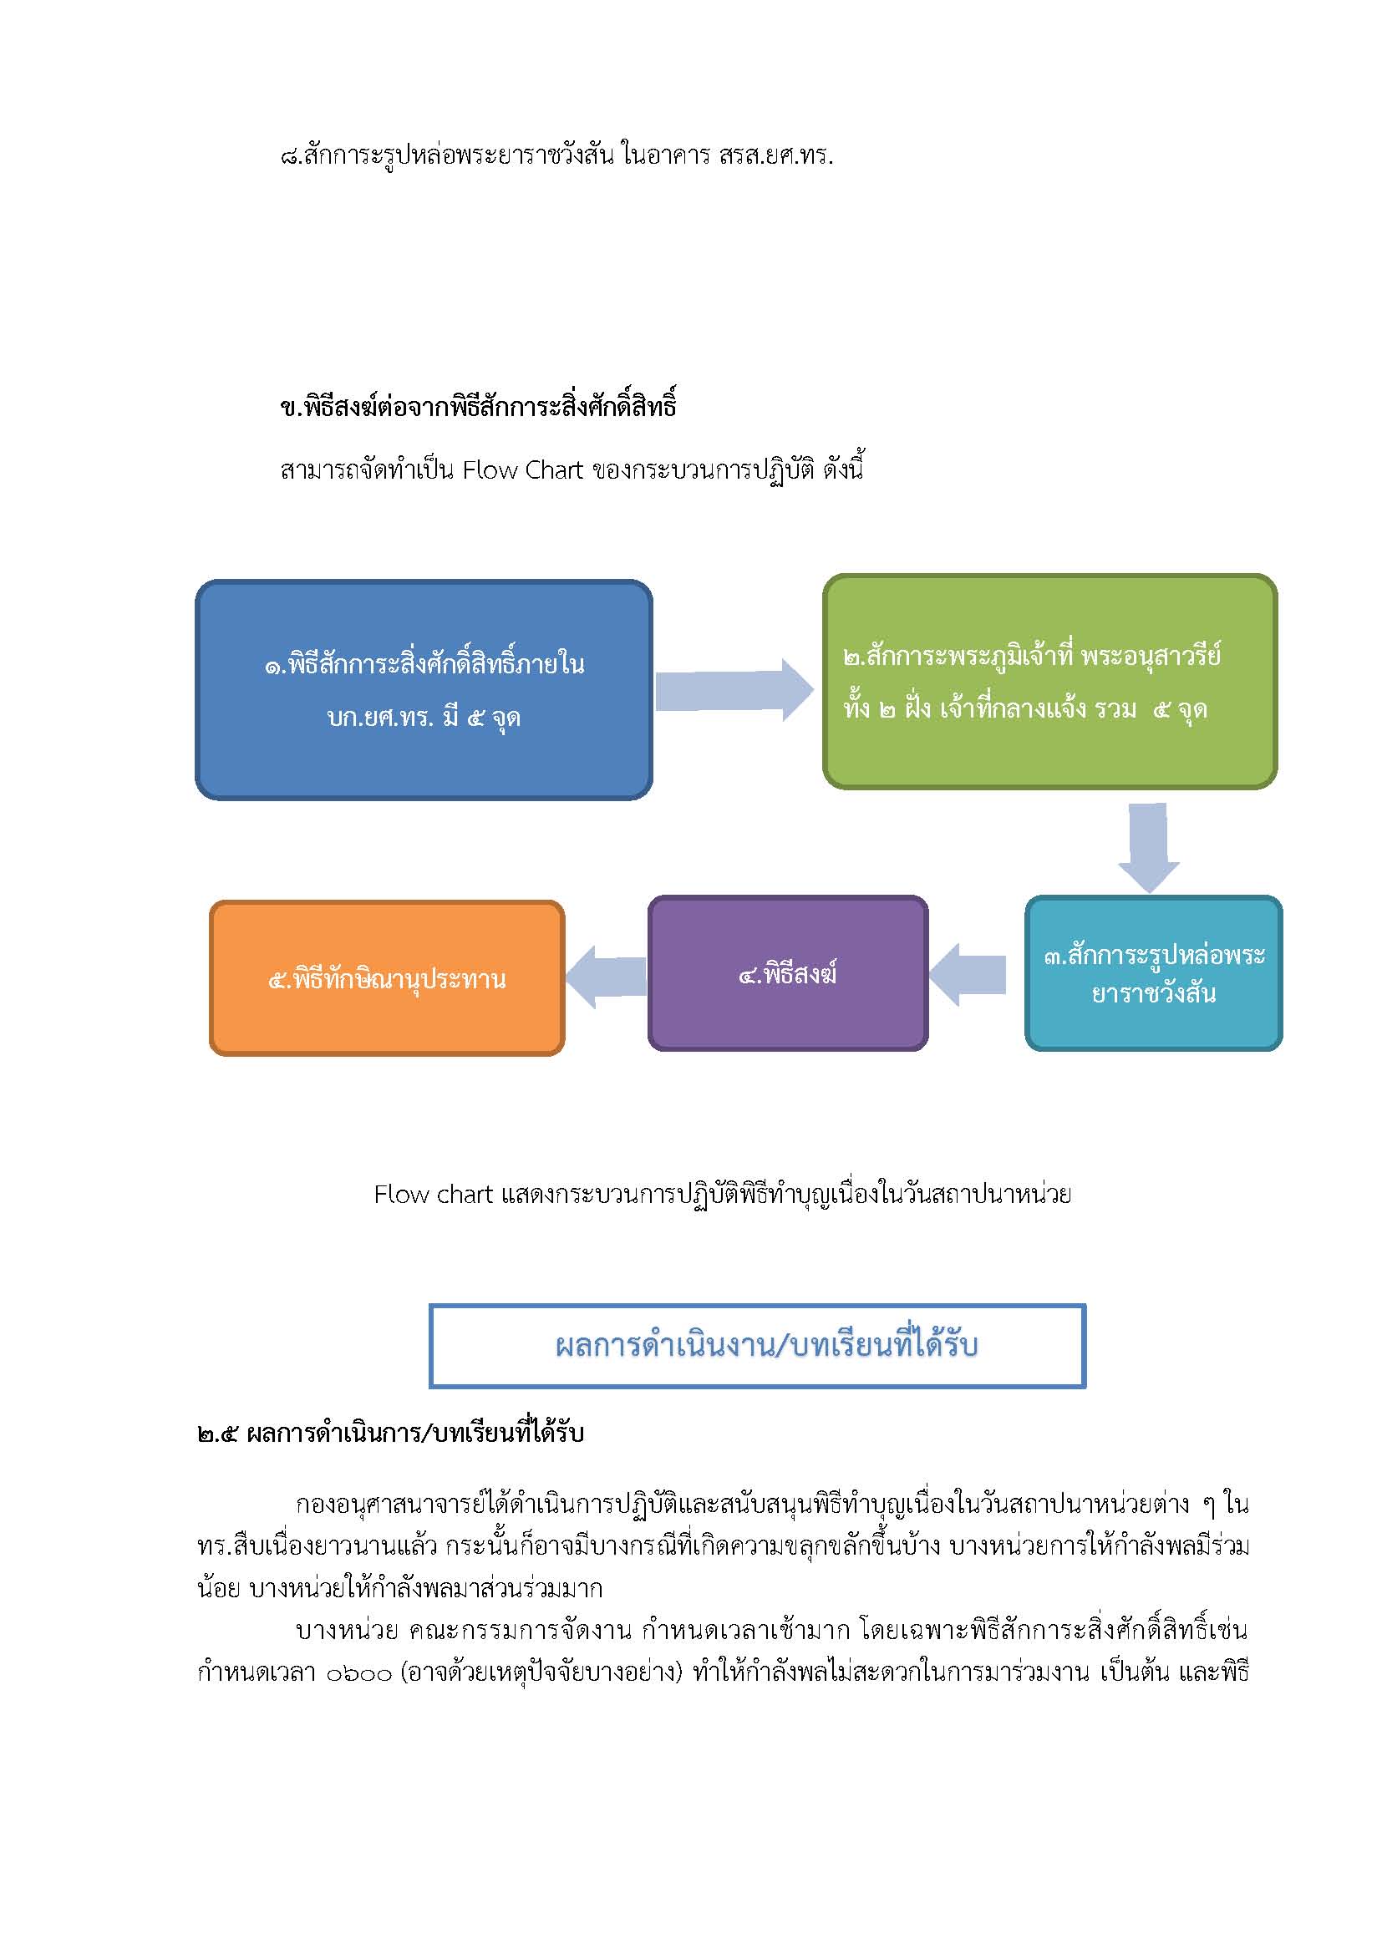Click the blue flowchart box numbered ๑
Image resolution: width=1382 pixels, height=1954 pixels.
click(424, 689)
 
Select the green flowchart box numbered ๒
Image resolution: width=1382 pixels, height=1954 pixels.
click(1049, 681)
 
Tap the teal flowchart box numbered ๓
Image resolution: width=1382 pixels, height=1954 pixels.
click(1153, 972)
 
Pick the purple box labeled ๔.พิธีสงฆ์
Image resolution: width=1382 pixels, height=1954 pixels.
click(787, 972)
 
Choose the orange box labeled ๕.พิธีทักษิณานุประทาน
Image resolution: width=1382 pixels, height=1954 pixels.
click(387, 978)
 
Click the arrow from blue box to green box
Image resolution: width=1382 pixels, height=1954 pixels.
click(734, 689)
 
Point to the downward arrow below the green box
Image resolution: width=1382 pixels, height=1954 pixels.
click(1148, 847)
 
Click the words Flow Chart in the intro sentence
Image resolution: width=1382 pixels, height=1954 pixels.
click(522, 469)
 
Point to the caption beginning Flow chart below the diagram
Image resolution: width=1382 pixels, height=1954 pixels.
click(723, 1194)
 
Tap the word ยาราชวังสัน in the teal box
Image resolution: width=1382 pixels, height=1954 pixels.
click(1153, 992)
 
